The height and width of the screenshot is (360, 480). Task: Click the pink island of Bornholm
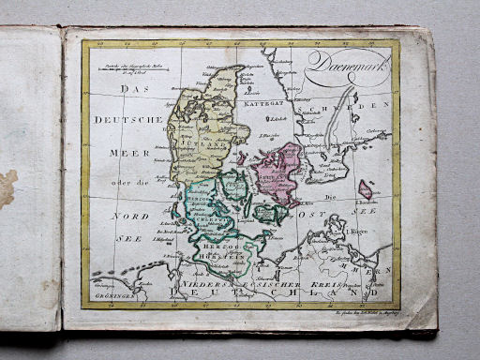365,189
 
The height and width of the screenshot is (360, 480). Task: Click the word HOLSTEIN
218,247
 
